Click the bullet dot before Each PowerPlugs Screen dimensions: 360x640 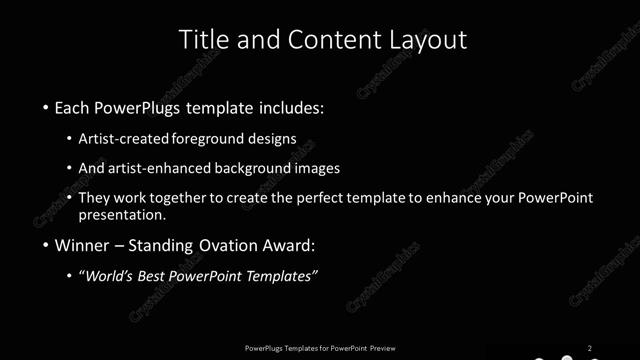click(46, 106)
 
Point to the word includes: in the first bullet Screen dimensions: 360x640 click(293, 106)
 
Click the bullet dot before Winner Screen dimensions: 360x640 click(46, 245)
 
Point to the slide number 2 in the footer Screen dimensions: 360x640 click(590, 348)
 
